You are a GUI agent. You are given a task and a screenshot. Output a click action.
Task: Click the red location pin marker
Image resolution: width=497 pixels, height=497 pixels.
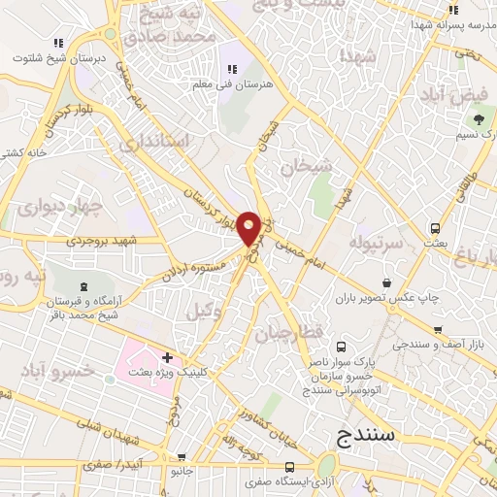(249, 227)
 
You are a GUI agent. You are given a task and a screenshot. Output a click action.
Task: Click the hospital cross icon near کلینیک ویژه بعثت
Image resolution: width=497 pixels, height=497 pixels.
(167, 358)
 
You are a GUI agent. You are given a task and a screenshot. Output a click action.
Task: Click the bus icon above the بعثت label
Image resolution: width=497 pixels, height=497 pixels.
(436, 229)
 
